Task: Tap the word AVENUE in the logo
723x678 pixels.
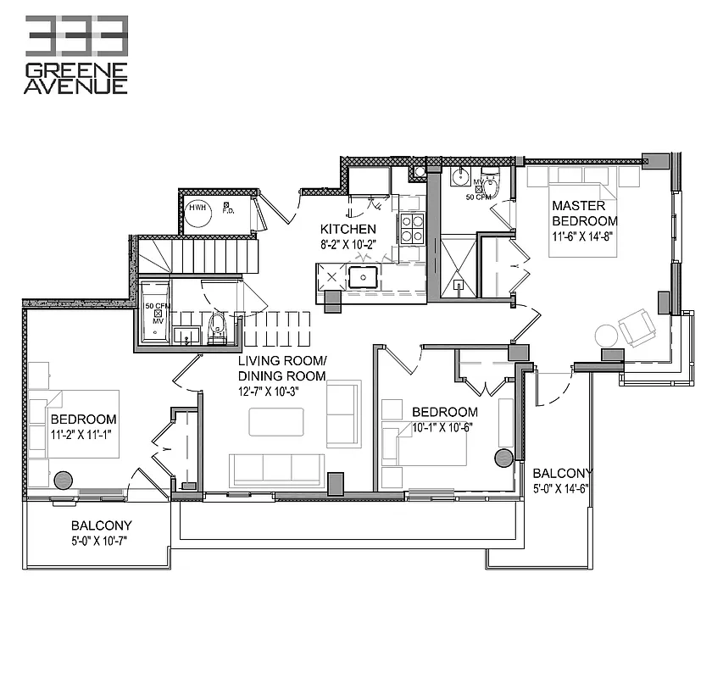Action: (76, 85)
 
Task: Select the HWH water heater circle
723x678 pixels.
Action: (199, 213)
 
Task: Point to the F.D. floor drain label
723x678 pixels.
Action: (227, 209)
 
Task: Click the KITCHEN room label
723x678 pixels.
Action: (348, 230)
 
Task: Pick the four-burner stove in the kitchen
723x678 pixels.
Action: (412, 227)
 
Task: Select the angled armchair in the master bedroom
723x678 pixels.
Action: (637, 326)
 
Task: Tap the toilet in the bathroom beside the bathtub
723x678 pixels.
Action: (217, 329)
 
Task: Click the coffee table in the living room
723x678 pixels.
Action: (275, 421)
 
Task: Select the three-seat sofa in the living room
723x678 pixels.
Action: (276, 469)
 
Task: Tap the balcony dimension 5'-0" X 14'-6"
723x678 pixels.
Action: (561, 488)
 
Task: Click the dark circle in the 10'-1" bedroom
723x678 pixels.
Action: (503, 458)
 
